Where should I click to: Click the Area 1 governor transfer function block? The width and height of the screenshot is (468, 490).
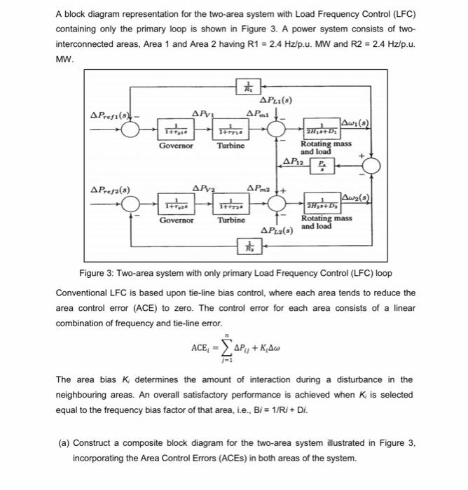point(172,131)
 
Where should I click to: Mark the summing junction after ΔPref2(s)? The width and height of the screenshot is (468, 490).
point(130,203)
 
